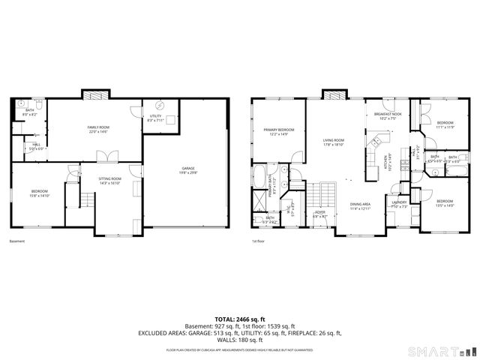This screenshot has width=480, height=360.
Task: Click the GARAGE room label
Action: [x=187, y=168]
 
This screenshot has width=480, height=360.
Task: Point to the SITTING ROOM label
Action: [x=110, y=178]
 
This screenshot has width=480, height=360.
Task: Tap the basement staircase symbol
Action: [x=87, y=201]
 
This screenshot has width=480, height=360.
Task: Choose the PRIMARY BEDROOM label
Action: [x=278, y=130]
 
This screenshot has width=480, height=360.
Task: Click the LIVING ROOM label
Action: [x=333, y=140]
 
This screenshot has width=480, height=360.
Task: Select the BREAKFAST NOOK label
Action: [x=388, y=114]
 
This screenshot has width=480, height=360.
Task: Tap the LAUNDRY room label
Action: [x=399, y=202]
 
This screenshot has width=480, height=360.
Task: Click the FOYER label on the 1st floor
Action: [x=320, y=212]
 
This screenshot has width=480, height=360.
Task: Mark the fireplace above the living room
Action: [x=334, y=94]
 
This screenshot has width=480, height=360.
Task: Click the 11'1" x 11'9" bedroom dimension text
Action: [x=445, y=127]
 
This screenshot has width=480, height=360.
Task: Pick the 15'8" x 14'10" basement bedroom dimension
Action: [x=40, y=196]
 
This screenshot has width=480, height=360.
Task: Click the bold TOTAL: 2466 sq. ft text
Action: [x=239, y=319]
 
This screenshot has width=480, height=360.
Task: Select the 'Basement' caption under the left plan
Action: [x=16, y=241]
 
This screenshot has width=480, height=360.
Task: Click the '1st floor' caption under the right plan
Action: [x=258, y=241]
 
